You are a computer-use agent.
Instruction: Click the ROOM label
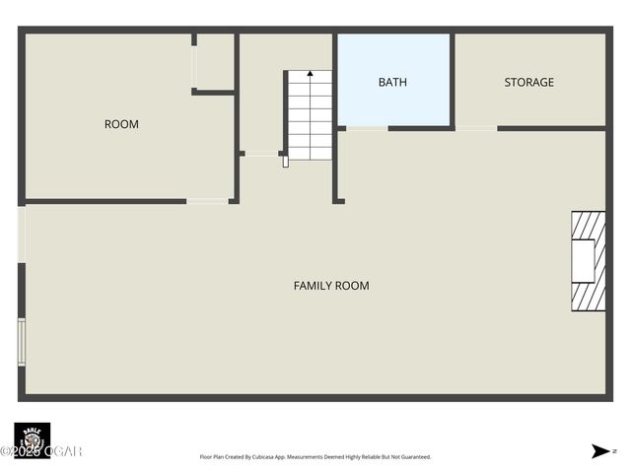[x=121, y=124]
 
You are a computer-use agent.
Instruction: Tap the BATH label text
[x=392, y=82]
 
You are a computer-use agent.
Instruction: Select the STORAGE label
[x=528, y=82]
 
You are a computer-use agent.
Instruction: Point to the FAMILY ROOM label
[x=331, y=286]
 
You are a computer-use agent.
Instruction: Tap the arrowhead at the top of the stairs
[x=310, y=73]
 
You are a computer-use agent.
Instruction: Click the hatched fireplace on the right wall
[x=588, y=261]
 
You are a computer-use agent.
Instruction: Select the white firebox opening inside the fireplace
[x=583, y=261]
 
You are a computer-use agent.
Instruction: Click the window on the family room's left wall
[x=21, y=342]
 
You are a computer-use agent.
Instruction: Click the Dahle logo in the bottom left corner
[x=32, y=438]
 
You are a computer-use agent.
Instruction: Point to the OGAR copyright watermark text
[x=41, y=451]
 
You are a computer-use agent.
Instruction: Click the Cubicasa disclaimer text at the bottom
[x=315, y=457]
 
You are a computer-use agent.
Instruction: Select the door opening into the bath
[x=366, y=128]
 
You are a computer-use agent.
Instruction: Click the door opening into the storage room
[x=476, y=128]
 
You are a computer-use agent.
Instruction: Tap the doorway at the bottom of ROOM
[x=207, y=201]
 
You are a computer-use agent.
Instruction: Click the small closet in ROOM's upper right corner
[x=214, y=63]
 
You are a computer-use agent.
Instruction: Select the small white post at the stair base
[x=286, y=162]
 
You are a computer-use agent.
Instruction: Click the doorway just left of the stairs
[x=262, y=154]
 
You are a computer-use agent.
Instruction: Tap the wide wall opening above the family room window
[x=21, y=235]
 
